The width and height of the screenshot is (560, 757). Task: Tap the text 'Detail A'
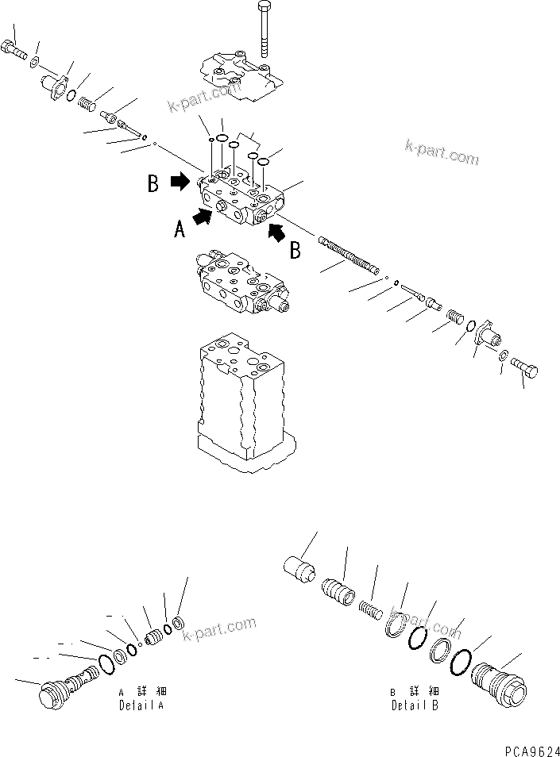[x=141, y=705]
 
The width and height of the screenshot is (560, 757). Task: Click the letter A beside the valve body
[x=180, y=229]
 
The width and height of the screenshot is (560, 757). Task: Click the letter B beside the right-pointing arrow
[x=153, y=185]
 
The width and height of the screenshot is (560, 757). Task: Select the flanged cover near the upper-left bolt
[x=55, y=83]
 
